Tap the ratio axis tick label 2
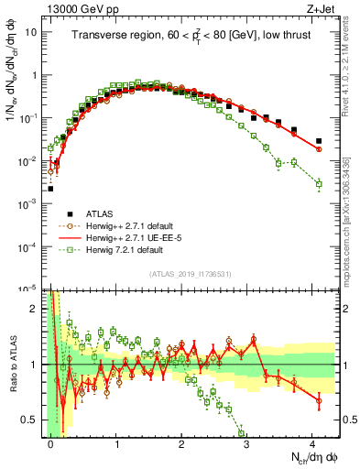36,308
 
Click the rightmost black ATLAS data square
319,141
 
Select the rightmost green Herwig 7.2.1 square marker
319,184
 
